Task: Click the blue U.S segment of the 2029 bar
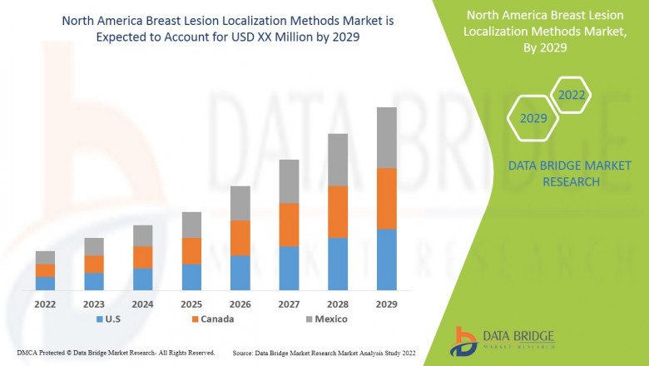(387, 260)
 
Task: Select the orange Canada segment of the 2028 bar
(338, 212)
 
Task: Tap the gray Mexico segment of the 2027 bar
(289, 181)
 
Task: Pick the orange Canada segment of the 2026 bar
(240, 238)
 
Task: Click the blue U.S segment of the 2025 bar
(191, 277)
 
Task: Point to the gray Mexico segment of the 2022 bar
(45, 258)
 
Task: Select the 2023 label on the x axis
(94, 304)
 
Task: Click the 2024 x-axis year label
(142, 304)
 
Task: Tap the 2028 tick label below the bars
(338, 304)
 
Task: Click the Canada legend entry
(212, 319)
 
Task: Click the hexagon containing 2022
(572, 96)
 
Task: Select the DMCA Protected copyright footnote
(116, 354)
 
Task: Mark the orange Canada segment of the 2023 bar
(94, 264)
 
